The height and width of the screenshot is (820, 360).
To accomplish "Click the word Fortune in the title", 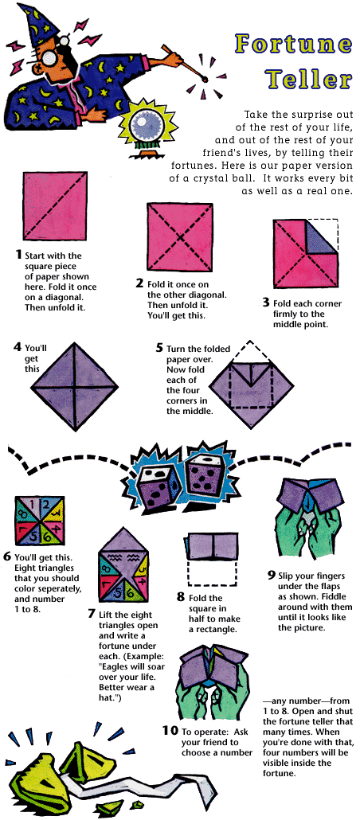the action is click(x=293, y=44).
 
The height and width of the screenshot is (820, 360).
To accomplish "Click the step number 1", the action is click(x=18, y=255).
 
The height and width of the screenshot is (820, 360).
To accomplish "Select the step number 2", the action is click(x=139, y=283).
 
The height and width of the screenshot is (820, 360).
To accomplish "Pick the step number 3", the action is click(x=266, y=303).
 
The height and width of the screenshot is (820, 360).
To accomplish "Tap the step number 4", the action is click(x=18, y=347).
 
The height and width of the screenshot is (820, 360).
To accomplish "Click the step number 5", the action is click(x=159, y=347).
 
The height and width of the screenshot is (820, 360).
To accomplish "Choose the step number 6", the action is click(x=7, y=556).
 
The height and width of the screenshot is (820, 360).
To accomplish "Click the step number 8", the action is click(x=181, y=597).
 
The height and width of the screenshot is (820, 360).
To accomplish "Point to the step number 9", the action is click(x=271, y=576).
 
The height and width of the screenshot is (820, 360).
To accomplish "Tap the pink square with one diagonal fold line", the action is click(x=55, y=205).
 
